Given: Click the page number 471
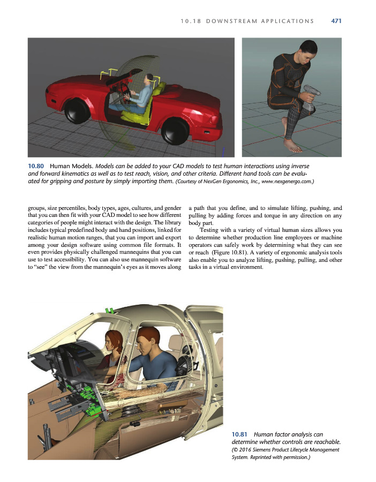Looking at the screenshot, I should tap(336, 21).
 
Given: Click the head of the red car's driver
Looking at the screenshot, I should tap(151, 79).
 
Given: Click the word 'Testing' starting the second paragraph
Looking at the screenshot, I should tap(210, 230).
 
